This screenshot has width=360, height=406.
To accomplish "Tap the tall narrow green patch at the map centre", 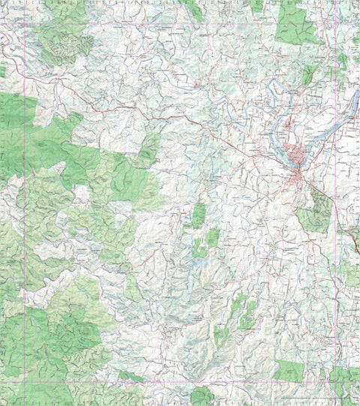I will (x=198, y=215).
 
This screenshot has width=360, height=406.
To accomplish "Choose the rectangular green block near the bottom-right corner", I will (x=288, y=369).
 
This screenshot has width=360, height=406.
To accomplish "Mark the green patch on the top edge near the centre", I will (x=195, y=9).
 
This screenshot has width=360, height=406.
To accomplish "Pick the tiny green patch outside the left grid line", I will (x=3, y=71).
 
